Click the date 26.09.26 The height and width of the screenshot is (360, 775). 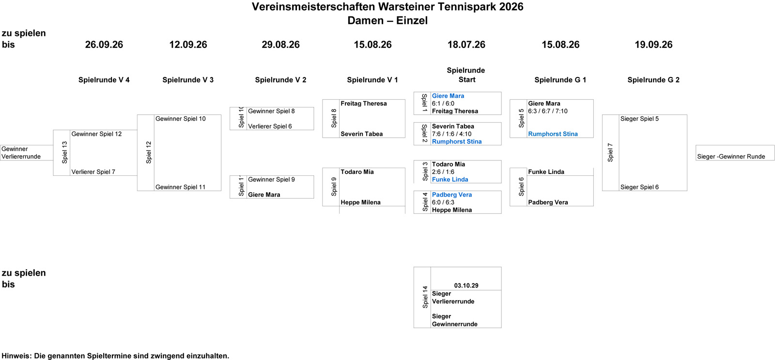point(104,45)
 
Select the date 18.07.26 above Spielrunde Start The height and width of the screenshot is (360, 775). point(466,45)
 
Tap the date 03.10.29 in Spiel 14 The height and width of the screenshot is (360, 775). point(466,285)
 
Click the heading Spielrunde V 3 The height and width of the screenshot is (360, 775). point(188,80)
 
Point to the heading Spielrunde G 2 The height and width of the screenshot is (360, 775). point(653,80)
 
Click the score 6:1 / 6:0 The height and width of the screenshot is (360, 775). point(443,104)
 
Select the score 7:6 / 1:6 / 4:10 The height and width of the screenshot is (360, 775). point(451,134)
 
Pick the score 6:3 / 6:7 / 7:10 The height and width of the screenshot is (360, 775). point(548,111)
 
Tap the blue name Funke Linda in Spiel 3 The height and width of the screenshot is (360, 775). point(450,179)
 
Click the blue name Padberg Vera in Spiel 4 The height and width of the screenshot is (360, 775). point(452,195)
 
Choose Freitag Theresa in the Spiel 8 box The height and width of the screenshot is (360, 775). point(364,104)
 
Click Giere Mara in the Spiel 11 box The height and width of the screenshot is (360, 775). point(264,195)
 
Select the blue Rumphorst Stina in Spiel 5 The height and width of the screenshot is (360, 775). point(553,134)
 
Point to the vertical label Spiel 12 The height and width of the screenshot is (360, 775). point(149,152)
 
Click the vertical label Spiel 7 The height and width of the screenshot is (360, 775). point(610,152)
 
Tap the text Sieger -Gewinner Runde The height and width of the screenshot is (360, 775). point(731,157)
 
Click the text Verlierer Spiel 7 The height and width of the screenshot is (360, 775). point(93,172)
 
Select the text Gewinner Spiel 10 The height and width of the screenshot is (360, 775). point(181,119)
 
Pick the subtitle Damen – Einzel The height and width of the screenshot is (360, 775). point(387,20)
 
